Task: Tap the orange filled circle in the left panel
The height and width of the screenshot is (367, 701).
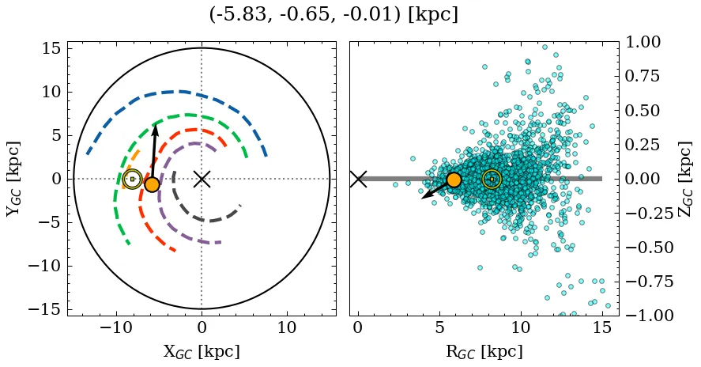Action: [x=152, y=184]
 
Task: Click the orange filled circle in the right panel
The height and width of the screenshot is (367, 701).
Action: [x=454, y=180]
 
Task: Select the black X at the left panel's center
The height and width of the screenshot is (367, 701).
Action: [x=202, y=179]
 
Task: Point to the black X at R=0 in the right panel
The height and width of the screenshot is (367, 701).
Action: [x=358, y=179]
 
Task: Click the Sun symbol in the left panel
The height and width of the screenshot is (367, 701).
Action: [x=132, y=179]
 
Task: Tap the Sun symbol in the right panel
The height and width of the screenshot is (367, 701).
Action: [x=492, y=180]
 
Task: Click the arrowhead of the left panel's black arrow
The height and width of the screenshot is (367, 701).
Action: [x=156, y=127]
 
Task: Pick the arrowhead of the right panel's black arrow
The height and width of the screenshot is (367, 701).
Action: [x=424, y=197]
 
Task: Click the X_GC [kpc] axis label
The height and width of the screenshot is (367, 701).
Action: [x=201, y=351]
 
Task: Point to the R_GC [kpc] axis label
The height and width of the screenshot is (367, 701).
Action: [x=484, y=351]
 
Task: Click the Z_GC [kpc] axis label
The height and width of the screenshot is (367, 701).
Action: [x=685, y=179]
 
